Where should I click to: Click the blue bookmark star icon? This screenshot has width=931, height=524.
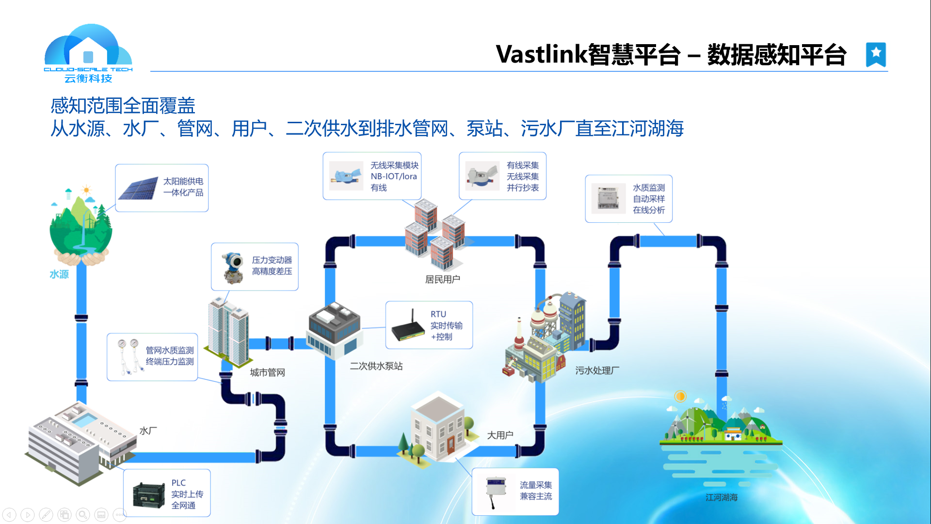(876, 54)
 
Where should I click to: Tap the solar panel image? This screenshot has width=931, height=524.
(138, 188)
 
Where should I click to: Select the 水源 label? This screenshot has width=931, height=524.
(59, 274)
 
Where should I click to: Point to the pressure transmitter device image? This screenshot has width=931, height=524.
(233, 267)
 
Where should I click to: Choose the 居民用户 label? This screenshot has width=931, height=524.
(442, 279)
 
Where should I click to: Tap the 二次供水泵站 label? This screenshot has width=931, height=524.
(376, 366)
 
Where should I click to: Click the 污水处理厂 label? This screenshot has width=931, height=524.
(597, 370)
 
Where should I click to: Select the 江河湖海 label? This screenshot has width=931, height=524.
(722, 497)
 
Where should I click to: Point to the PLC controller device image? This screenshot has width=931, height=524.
(149, 495)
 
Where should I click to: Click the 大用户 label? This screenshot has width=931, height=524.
(500, 435)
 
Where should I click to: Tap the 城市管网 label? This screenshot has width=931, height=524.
(267, 372)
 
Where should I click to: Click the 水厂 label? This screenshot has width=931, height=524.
(148, 430)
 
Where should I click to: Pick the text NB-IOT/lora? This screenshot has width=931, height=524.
(394, 176)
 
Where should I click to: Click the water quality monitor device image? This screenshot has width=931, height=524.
(608, 198)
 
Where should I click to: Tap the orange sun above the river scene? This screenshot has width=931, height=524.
(680, 396)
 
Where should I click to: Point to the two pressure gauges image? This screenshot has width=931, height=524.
(129, 357)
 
